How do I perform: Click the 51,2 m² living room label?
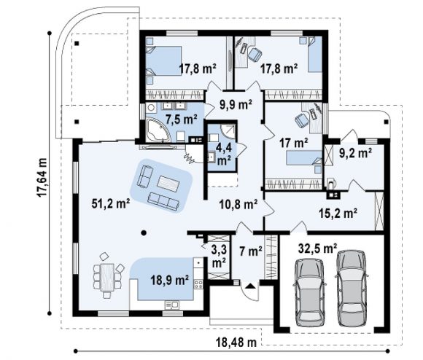(x=111, y=203)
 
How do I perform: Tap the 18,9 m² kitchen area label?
(x=169, y=281)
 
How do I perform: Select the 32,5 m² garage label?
(x=317, y=249)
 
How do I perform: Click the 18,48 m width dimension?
(x=236, y=343)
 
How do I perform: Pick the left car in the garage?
(x=309, y=292)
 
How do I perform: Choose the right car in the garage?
(x=352, y=289)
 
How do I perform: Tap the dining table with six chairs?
(x=107, y=277)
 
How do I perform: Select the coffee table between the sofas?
(x=168, y=184)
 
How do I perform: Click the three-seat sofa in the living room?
(x=163, y=201)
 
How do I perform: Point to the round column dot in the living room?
(x=144, y=232)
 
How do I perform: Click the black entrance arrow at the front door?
(x=251, y=286)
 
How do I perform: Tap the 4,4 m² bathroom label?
(x=224, y=154)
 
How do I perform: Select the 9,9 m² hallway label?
(x=236, y=104)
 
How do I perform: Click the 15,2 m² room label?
(x=338, y=213)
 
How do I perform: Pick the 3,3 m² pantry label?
(x=219, y=257)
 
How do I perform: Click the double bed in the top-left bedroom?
(x=164, y=60)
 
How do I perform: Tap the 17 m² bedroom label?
(x=294, y=143)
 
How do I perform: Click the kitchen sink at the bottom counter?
(x=171, y=305)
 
